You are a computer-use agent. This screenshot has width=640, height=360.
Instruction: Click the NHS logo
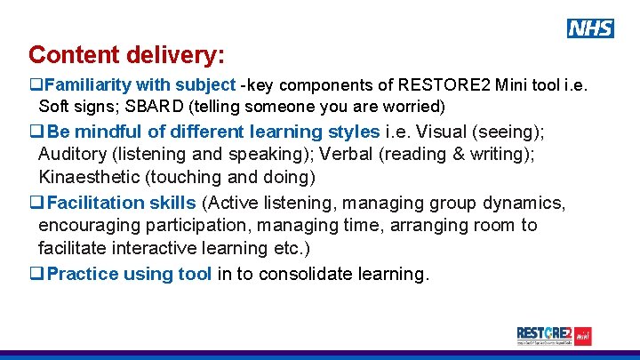click(590, 28)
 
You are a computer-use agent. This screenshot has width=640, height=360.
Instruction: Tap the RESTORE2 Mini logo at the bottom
click(554, 336)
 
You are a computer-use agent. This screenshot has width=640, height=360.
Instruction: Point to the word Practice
click(83, 274)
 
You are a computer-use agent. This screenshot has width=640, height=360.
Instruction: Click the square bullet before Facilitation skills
click(36, 203)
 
